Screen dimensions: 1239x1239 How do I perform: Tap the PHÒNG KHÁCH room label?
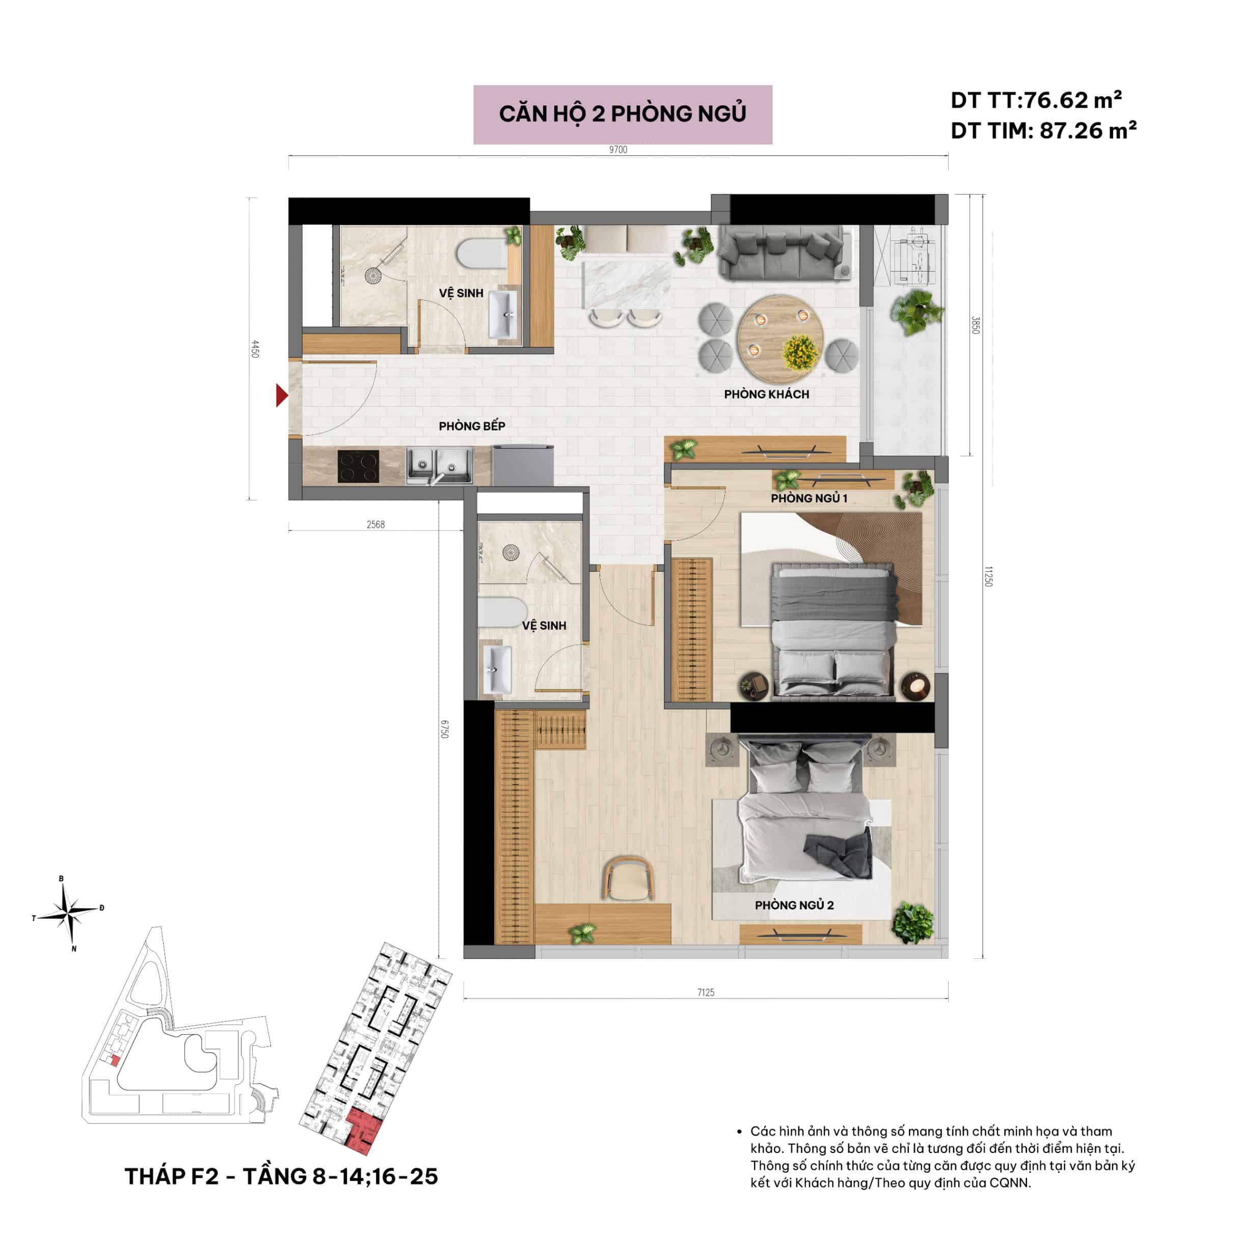click(x=766, y=394)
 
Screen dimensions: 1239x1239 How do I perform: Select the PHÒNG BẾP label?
click(x=472, y=426)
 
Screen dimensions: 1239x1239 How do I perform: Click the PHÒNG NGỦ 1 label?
click(x=809, y=498)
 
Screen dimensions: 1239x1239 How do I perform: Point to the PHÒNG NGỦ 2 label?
click(x=794, y=905)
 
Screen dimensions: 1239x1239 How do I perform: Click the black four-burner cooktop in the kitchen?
click(x=358, y=466)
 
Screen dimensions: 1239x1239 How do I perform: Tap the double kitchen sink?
click(x=440, y=466)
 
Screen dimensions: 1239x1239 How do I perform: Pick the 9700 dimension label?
click(x=618, y=149)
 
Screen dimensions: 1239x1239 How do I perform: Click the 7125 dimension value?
click(x=706, y=992)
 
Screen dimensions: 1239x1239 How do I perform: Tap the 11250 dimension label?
click(x=988, y=576)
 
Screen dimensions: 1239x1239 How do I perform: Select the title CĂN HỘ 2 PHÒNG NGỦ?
click(x=623, y=114)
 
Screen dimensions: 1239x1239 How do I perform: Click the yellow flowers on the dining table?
click(x=800, y=352)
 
